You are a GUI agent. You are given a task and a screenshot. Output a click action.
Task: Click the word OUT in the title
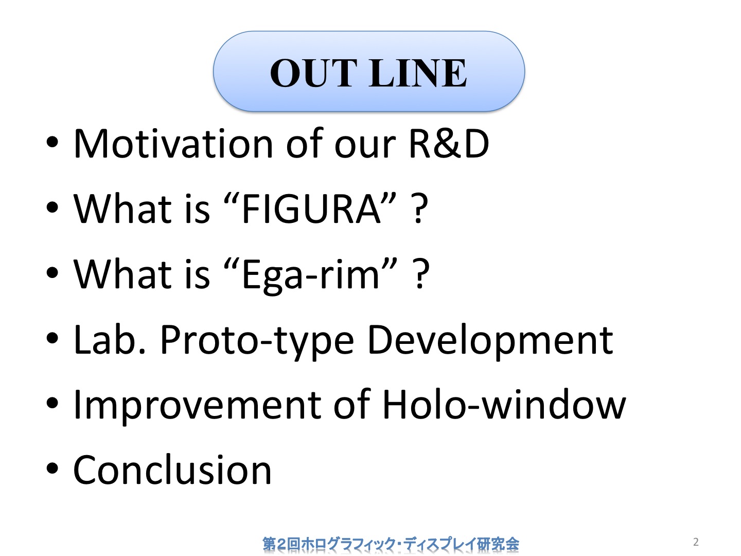click(x=314, y=73)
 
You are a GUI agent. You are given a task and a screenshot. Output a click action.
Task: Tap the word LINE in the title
click(x=418, y=73)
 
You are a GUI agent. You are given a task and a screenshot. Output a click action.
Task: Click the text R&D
click(x=449, y=144)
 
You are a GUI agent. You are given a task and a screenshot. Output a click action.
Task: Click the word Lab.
click(x=110, y=339)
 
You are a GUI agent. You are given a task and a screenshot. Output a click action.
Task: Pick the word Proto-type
click(x=257, y=341)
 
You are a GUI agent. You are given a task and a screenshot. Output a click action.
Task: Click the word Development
click(x=490, y=341)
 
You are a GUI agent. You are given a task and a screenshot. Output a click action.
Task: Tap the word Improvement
click(x=197, y=406)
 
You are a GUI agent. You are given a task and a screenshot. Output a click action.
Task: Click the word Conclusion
click(x=172, y=470)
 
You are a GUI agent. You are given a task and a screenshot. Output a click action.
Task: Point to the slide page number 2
click(x=696, y=542)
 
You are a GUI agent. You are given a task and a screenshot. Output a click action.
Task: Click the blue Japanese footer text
click(x=391, y=544)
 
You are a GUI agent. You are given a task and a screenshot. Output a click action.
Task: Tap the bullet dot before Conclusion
click(x=52, y=468)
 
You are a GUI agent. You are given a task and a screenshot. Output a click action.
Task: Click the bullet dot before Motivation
click(x=52, y=142)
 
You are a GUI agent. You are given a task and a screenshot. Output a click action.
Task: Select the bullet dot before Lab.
click(x=52, y=338)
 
